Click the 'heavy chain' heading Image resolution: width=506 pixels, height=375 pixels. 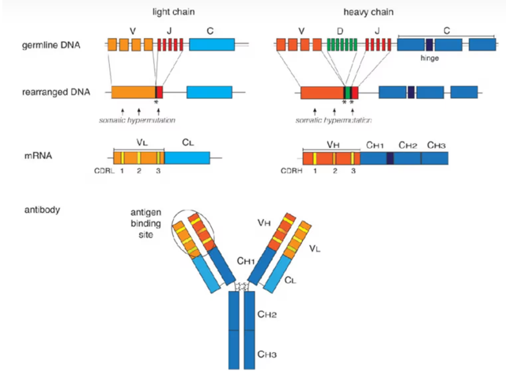369,13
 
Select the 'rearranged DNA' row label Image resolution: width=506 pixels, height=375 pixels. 57,92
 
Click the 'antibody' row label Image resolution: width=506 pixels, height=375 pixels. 41,210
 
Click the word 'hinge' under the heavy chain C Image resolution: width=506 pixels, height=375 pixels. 431,59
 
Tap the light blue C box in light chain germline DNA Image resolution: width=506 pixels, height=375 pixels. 211,45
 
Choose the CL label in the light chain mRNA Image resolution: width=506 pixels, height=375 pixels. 187,143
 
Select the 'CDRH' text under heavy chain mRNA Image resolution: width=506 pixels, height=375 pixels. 290,170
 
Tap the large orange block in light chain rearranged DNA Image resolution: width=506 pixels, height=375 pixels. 133,92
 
